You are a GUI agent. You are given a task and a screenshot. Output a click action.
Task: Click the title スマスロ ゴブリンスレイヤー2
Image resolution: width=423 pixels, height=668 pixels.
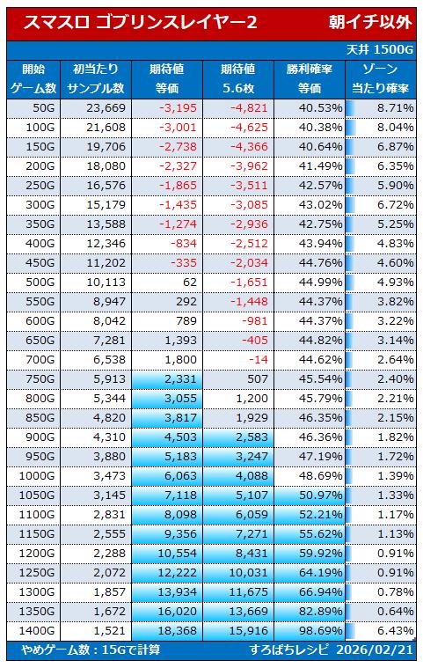[x=140, y=22]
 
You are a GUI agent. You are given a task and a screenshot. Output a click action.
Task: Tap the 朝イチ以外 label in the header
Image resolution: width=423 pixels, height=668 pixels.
[x=370, y=22]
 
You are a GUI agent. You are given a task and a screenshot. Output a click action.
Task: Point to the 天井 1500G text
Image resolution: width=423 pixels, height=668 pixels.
[x=380, y=50]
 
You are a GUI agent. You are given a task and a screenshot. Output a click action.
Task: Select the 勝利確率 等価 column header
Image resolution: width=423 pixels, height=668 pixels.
[x=310, y=79]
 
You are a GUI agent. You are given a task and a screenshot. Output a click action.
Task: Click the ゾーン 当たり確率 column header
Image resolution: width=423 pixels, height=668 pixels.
[x=380, y=79]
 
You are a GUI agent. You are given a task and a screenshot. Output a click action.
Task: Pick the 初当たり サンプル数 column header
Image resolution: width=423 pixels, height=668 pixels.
[x=96, y=79]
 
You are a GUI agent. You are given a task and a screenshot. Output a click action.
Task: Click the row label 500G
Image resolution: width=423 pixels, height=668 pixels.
[x=40, y=282]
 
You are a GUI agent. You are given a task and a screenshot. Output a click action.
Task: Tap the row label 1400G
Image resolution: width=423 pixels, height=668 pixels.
[x=37, y=630]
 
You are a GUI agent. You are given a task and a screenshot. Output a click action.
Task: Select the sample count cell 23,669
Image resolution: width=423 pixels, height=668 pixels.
[x=106, y=108]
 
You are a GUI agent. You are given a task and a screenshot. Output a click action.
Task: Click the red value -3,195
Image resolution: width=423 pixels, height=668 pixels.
[x=178, y=108]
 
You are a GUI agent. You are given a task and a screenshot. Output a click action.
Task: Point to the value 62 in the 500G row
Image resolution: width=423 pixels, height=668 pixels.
[x=190, y=282]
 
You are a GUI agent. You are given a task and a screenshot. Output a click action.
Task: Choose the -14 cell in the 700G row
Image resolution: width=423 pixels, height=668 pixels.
[x=258, y=360]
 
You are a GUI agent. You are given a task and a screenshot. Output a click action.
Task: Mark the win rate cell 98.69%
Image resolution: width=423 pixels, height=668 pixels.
[x=320, y=630]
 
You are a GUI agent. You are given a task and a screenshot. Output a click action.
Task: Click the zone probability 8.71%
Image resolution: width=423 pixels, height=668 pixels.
[x=396, y=108]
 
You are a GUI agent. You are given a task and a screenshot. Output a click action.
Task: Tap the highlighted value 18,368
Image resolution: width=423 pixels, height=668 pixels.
[x=177, y=630]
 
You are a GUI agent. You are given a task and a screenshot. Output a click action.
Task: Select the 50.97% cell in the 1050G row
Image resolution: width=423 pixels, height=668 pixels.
[x=320, y=495]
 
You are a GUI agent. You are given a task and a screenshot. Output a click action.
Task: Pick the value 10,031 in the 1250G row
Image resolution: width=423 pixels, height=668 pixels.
[x=249, y=573]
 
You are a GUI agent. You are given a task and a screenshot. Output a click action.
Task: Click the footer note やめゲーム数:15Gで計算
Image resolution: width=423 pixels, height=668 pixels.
[x=91, y=650]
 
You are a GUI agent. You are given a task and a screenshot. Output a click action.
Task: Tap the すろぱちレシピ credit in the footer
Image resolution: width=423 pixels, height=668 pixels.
[x=289, y=650]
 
